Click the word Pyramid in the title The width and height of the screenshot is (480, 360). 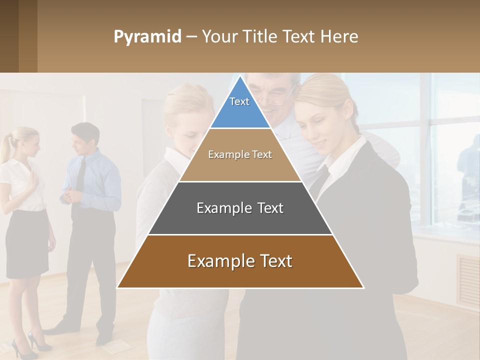pos(147,37)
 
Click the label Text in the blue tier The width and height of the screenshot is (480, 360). pos(239,101)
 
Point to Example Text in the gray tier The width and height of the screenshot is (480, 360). pos(240,208)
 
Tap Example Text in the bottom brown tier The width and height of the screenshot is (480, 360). pos(240,261)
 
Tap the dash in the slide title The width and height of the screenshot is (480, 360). pos(191,37)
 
